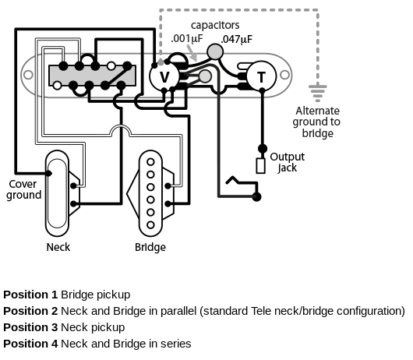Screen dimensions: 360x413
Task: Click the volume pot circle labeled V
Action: [164, 76]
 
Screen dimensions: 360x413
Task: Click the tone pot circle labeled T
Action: [260, 76]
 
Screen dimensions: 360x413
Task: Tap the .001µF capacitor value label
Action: [186, 38]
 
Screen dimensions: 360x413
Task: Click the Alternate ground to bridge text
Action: [316, 122]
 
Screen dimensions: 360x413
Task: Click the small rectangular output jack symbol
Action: [260, 165]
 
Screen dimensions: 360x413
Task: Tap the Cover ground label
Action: [23, 189]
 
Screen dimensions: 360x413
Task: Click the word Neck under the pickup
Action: [58, 247]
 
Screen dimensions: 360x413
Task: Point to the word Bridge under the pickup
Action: [150, 247]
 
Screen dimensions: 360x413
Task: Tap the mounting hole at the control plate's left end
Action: [29, 76]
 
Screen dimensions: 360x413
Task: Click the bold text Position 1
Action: [30, 295]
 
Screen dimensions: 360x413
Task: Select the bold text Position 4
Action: [30, 343]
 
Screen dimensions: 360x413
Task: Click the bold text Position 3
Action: [30, 327]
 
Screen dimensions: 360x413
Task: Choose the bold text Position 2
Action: [30, 311]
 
